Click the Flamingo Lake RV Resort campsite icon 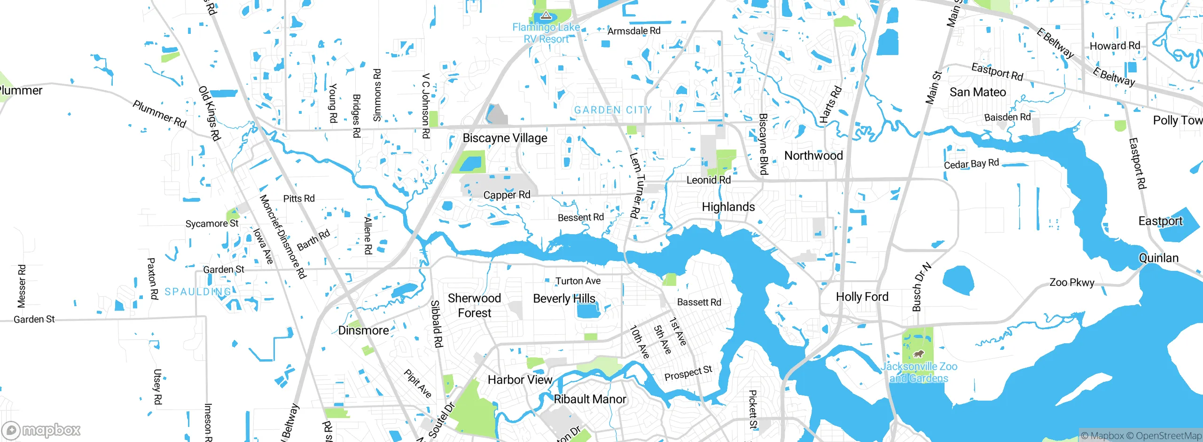coord(545,16)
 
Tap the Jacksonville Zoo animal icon coord(918,354)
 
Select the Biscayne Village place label coord(505,138)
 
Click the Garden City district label coord(613,110)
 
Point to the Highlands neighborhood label coord(728,207)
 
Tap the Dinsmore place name coord(363,331)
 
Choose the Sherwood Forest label coord(474,306)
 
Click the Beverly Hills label coord(564,299)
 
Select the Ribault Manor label coord(590,399)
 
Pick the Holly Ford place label coord(862,297)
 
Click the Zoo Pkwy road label coord(1071,283)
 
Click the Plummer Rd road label coord(159,114)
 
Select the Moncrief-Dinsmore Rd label coord(282,236)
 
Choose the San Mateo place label coord(977,92)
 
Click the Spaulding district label coord(198,292)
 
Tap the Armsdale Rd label coord(633,31)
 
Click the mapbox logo coord(41,430)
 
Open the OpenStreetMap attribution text coord(1168,436)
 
